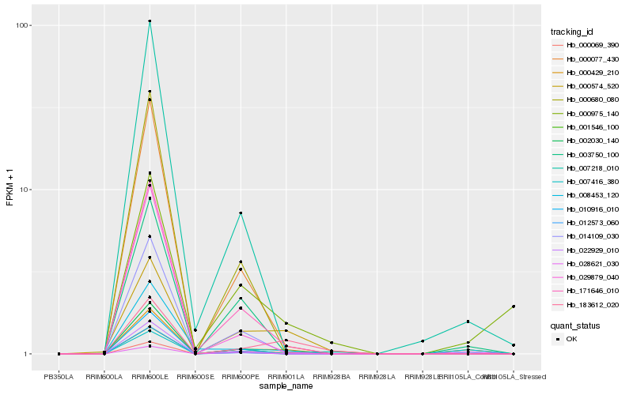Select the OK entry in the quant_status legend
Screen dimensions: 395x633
[x=571, y=339]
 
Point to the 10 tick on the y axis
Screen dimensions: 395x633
[x=25, y=190]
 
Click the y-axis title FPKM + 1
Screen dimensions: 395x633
[x=10, y=189]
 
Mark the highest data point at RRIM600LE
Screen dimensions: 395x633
[x=150, y=21]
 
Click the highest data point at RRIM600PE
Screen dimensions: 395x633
[x=241, y=213]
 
